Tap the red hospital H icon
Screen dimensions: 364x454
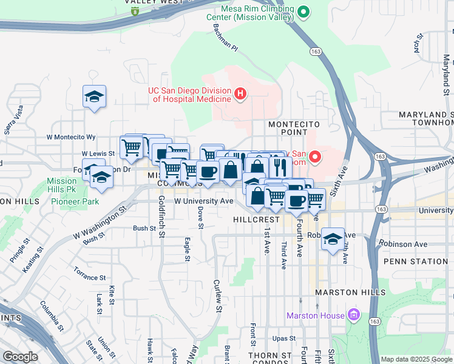240,94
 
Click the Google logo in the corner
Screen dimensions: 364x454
20,356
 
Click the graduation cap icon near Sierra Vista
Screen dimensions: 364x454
94,96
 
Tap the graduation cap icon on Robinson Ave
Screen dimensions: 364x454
333,239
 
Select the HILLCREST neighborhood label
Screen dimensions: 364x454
256,218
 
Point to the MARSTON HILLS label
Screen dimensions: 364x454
350,292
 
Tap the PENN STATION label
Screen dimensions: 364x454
415,261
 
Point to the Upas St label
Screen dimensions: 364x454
284,338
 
